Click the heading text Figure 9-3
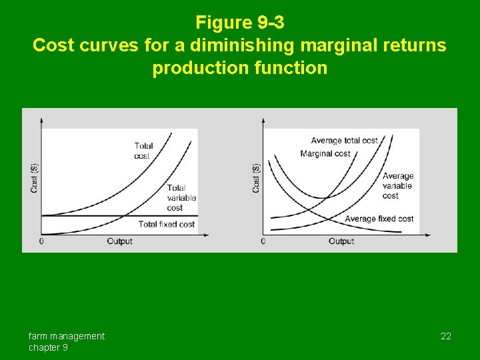tap(240, 23)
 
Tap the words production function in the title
tap(240, 68)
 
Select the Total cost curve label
tap(143, 151)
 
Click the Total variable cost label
tap(181, 198)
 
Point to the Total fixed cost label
tap(167, 225)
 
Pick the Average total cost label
tap(344, 141)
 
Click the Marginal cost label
tap(325, 154)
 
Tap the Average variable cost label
tap(398, 186)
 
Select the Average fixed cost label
tap(379, 219)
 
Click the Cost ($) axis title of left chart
tap(35, 178)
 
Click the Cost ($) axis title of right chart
tap(256, 178)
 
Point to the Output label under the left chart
tap(120, 241)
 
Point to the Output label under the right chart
tap(341, 241)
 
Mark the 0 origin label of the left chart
tap(41, 241)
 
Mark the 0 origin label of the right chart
tap(263, 241)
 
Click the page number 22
tap(446, 336)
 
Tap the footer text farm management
tap(66, 336)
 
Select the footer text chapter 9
tap(48, 347)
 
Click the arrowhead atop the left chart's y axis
tap(41, 121)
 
